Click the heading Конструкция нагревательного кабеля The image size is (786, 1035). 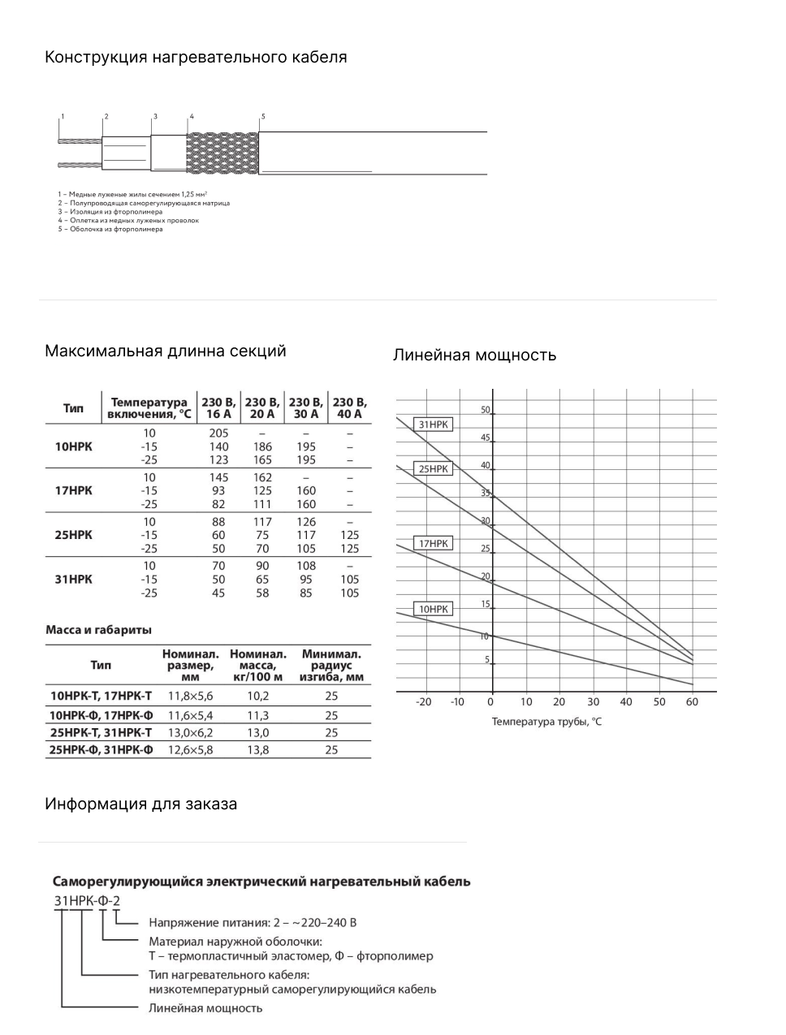pyautogui.click(x=196, y=58)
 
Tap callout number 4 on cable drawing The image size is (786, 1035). pyautogui.click(x=192, y=117)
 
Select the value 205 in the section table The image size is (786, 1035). pyautogui.click(x=218, y=433)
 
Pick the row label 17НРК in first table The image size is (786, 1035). pyautogui.click(x=73, y=491)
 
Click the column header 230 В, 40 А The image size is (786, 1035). pyautogui.click(x=350, y=408)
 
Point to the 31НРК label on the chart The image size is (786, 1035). pyautogui.click(x=434, y=425)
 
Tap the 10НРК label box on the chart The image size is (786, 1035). pyautogui.click(x=433, y=609)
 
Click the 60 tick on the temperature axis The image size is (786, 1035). pyautogui.click(x=692, y=701)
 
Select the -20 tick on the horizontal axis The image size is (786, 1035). pyautogui.click(x=424, y=701)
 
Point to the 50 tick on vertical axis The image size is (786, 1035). pyautogui.click(x=485, y=410)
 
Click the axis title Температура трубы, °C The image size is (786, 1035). pyautogui.click(x=546, y=722)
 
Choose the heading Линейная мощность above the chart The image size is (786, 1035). pyautogui.click(x=474, y=356)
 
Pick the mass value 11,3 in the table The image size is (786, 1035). pyautogui.click(x=257, y=715)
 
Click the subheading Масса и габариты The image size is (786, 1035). pyautogui.click(x=99, y=630)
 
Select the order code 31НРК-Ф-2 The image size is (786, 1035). pyautogui.click(x=87, y=900)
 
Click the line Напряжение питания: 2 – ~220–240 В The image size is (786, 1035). pyautogui.click(x=253, y=922)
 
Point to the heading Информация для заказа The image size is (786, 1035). pyautogui.click(x=141, y=804)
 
